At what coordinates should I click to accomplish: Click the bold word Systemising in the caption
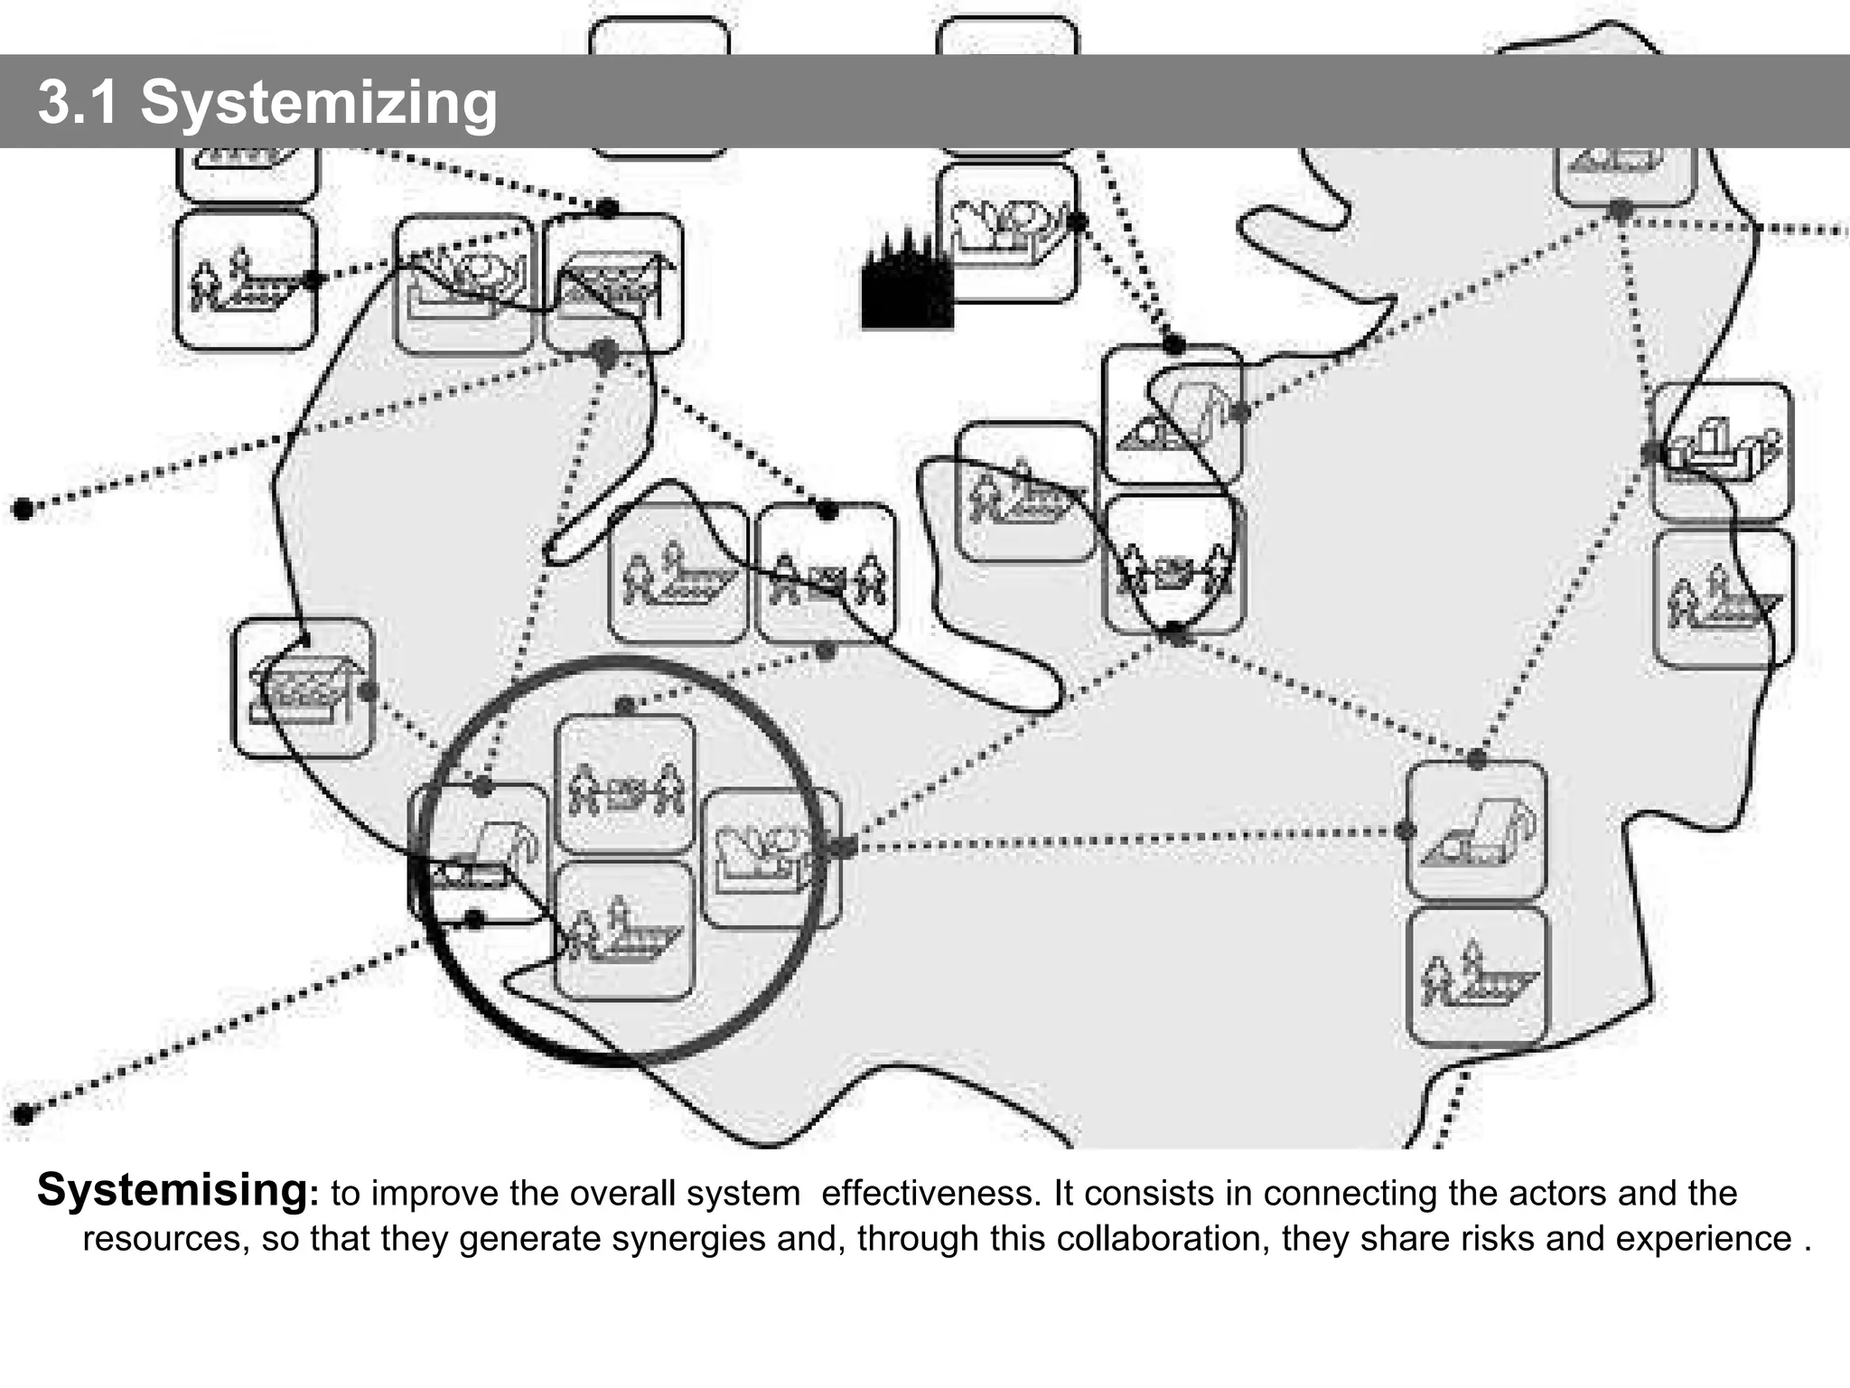point(172,1190)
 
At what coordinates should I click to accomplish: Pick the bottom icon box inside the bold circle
point(624,932)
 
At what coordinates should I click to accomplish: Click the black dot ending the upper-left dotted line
point(23,509)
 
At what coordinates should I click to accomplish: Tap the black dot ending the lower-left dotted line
point(23,1113)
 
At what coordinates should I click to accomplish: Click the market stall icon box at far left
point(302,688)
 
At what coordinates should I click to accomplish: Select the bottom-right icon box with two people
point(1477,977)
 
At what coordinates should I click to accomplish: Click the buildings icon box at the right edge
point(1722,451)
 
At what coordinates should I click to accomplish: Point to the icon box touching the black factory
point(1007,232)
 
